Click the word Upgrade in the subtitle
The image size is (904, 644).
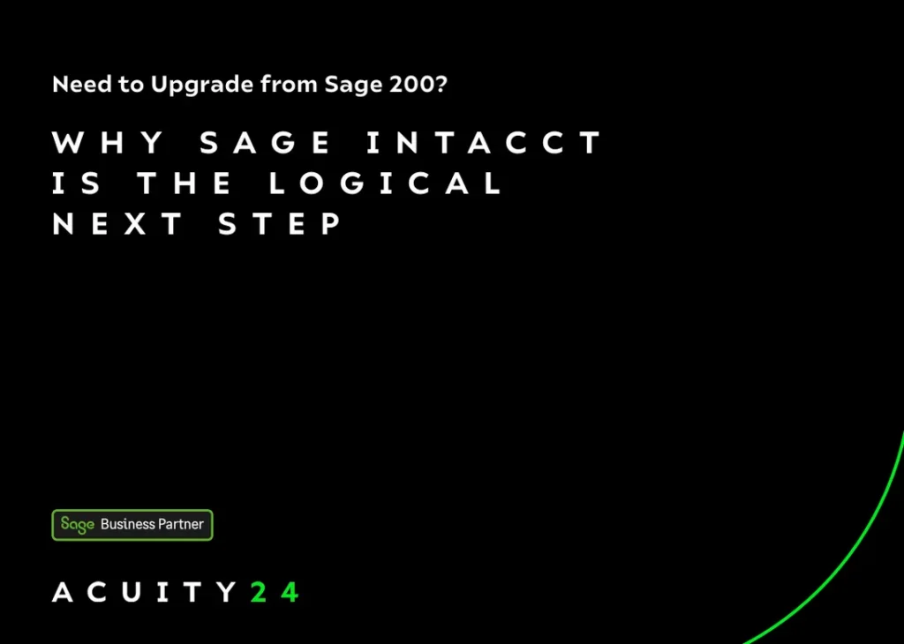202,86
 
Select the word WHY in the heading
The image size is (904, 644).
109,142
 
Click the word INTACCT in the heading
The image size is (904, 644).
485,142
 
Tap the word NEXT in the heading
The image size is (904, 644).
117,223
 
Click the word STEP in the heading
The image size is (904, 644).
280,223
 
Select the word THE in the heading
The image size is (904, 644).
185,183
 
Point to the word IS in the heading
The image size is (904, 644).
76,183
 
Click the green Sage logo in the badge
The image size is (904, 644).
78,525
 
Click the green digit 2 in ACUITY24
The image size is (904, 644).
259,592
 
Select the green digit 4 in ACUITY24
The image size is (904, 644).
290,592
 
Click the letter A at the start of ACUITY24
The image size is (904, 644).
63,592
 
